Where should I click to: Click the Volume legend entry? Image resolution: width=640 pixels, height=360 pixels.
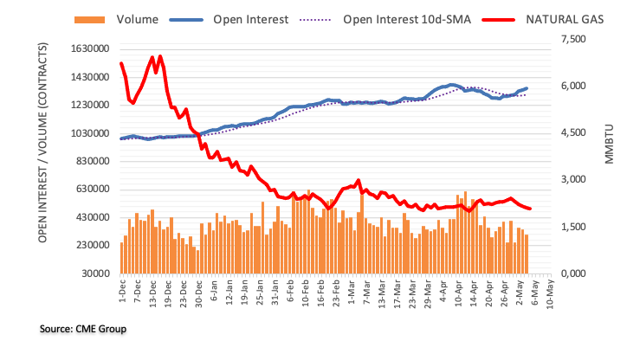pos(116,20)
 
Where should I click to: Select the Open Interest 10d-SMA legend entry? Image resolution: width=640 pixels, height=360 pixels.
pos(385,20)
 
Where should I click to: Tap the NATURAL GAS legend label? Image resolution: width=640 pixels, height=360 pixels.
pos(565,20)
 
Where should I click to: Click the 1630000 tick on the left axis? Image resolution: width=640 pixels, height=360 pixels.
pos(90,49)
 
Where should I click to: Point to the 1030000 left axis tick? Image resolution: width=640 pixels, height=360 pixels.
pos(90,133)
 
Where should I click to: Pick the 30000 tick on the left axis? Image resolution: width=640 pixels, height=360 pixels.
pos(95,273)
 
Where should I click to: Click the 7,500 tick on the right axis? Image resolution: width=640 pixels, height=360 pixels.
pos(573,39)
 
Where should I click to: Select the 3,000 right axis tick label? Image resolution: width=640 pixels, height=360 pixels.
pos(573,179)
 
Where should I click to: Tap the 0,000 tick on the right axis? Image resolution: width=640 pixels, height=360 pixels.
pos(573,273)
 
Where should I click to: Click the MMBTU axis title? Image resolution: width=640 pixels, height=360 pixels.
pos(609,145)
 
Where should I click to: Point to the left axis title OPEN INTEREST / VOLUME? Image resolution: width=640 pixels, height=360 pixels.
pos(42,143)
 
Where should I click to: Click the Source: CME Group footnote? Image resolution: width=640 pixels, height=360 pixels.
pos(83,329)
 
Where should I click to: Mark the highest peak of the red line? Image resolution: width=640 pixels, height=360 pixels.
pos(159,56)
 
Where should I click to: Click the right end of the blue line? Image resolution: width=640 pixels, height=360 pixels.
pos(527,88)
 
